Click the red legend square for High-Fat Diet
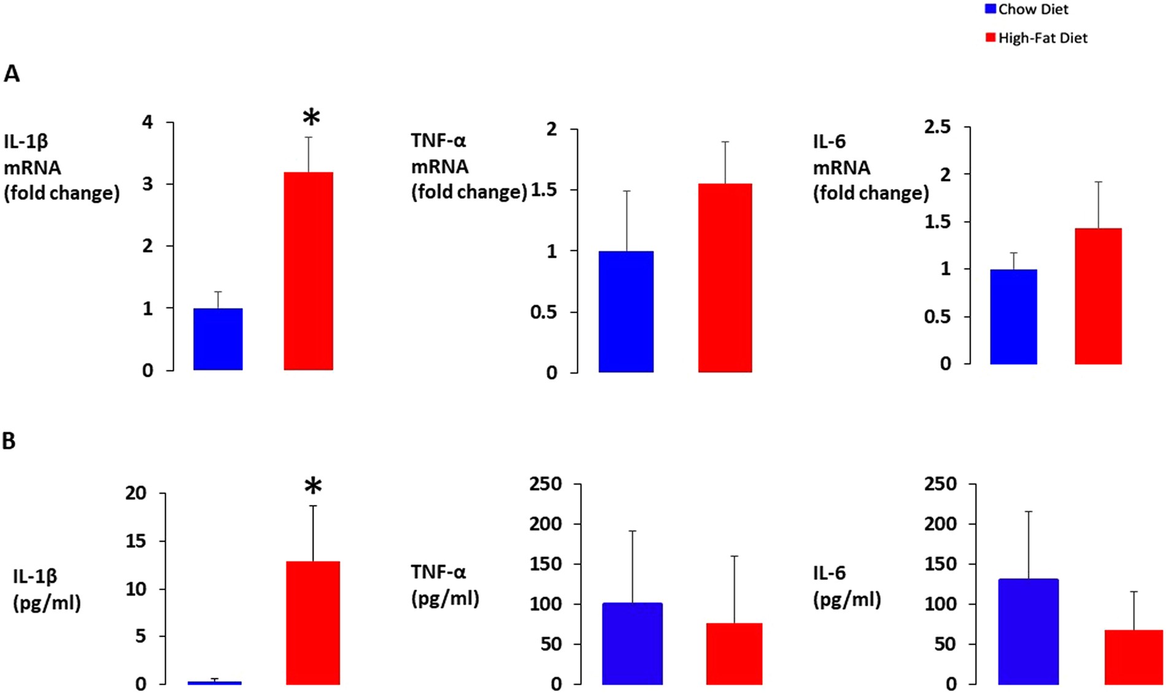990,38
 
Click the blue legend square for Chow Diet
990,9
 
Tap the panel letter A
12,74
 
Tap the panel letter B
9,441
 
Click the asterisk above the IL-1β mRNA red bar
312,117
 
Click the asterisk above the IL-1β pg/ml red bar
313,487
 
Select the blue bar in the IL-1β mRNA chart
218,339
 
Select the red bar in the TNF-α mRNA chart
725,277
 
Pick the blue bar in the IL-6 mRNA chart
1013,317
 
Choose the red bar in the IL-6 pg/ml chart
1133,657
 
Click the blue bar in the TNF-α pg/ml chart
632,643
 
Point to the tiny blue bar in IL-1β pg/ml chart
214,682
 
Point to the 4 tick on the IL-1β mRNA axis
147,122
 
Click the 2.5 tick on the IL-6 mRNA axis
937,127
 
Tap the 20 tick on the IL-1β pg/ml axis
136,493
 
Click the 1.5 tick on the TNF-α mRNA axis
544,190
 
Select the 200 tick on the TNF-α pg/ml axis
546,523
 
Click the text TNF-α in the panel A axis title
438,141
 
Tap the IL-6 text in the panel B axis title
829,573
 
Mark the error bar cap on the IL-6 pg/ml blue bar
1029,511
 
